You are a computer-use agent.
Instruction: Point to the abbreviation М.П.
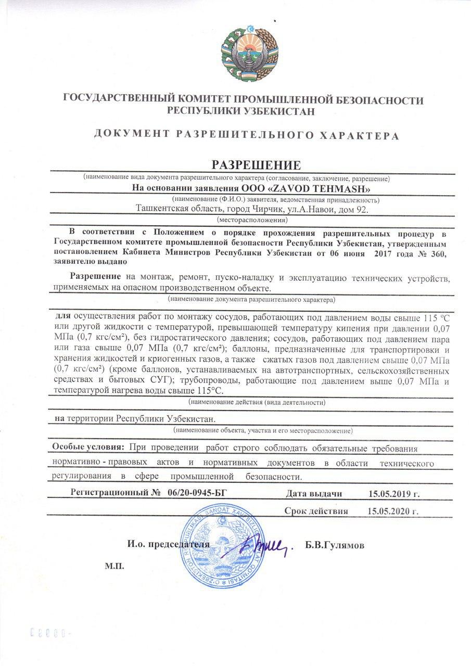coord(115,566)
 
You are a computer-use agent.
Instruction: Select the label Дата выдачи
coord(313,493)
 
